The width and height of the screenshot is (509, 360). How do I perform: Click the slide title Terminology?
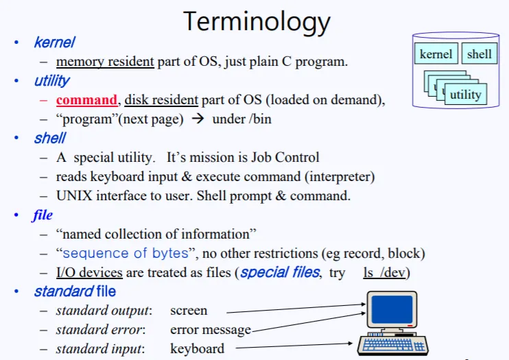tap(257, 22)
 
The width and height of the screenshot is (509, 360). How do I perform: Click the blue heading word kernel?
tap(55, 43)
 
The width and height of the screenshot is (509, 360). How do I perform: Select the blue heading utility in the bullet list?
tap(52, 80)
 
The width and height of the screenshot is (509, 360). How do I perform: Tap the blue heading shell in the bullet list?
tap(50, 138)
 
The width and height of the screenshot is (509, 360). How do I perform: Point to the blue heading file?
tap(43, 215)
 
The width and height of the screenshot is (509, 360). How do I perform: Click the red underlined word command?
tap(86, 100)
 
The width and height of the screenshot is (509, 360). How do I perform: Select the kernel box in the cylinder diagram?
tap(436, 53)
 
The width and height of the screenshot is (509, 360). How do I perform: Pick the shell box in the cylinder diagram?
tap(480, 53)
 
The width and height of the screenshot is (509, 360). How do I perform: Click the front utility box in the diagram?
tap(466, 94)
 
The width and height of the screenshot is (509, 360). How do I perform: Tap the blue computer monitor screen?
tap(392, 309)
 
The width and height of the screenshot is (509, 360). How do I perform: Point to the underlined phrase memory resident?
tap(105, 62)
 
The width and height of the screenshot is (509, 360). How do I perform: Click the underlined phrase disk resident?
tap(161, 100)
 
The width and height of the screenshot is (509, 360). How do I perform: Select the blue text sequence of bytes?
tap(126, 253)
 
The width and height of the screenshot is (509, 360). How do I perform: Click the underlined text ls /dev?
tap(384, 273)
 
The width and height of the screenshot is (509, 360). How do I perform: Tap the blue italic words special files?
tap(280, 272)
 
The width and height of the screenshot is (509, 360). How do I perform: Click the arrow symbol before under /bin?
tap(198, 119)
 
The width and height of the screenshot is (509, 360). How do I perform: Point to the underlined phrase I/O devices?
tap(89, 273)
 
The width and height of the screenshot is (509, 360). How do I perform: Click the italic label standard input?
tap(99, 349)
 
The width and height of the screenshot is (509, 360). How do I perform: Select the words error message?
tap(211, 330)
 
